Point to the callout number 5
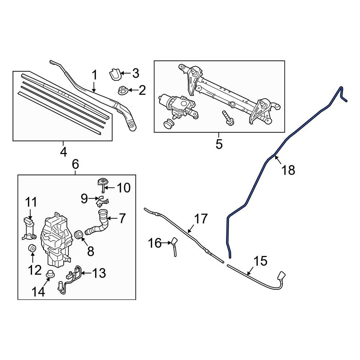click(219, 144)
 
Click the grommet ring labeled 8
click(78, 235)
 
